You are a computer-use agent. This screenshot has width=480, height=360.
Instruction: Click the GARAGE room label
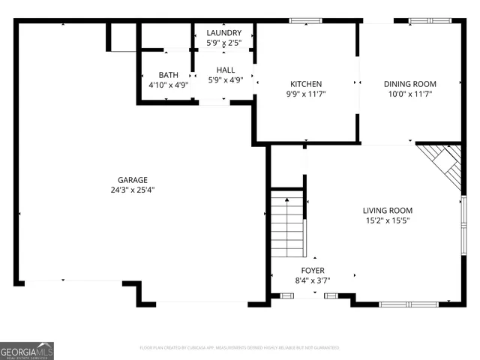coord(132,180)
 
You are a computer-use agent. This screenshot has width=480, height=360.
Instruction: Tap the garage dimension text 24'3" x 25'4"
coord(132,190)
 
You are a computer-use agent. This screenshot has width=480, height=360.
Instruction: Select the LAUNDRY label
coord(223,33)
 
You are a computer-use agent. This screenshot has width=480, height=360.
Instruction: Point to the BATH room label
coord(168,75)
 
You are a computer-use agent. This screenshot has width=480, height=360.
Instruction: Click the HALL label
coord(226,70)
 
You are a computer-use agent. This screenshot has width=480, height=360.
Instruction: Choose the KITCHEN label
coord(306,84)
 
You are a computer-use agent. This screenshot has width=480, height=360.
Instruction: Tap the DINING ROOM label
coord(410,84)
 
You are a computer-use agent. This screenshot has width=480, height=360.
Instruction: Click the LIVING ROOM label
coord(388,211)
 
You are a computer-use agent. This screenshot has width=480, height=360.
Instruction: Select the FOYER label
coord(313,270)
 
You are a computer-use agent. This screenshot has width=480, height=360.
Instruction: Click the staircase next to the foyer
coord(289,225)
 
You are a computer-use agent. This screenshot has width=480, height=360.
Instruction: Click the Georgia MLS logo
coord(27,350)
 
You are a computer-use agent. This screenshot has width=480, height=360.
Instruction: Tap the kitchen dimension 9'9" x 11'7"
coord(306,94)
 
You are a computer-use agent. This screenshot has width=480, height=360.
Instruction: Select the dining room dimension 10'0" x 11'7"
coord(410,94)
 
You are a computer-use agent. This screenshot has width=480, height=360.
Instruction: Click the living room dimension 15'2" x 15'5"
coord(388,220)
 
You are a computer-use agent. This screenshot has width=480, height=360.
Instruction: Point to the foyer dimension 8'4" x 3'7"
coord(313,280)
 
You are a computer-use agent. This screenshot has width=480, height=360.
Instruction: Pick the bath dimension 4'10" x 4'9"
coord(168,85)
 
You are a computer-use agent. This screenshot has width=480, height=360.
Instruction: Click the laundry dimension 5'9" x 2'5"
coord(223,43)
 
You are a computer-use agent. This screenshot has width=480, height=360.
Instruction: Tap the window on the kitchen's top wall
coord(300,22)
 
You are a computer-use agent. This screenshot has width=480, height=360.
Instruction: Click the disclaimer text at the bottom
coord(240,348)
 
